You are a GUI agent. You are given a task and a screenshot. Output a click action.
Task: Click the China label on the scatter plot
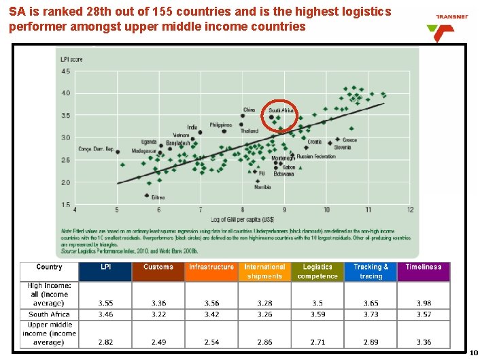[250, 110]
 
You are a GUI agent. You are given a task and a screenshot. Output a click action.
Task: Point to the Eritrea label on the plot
[158, 197]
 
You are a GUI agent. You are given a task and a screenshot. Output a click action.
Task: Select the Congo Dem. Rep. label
[96, 149]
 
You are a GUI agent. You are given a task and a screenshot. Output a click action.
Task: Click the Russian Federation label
[316, 157]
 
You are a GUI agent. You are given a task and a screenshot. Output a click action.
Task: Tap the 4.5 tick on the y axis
[66, 71]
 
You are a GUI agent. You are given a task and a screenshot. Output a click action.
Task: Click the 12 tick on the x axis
[410, 210]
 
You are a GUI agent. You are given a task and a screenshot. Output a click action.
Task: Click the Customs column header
[158, 267]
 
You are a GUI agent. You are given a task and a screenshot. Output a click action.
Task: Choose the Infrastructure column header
[211, 267]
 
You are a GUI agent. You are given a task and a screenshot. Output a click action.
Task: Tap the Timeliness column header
[424, 267]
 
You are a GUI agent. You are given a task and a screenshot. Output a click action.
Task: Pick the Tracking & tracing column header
[371, 272]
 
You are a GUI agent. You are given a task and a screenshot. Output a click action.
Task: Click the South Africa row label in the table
[49, 314]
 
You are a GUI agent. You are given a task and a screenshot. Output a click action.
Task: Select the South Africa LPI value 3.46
[106, 314]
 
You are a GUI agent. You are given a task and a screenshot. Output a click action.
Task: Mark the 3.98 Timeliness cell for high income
[424, 304]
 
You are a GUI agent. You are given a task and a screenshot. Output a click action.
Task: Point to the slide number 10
[474, 353]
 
